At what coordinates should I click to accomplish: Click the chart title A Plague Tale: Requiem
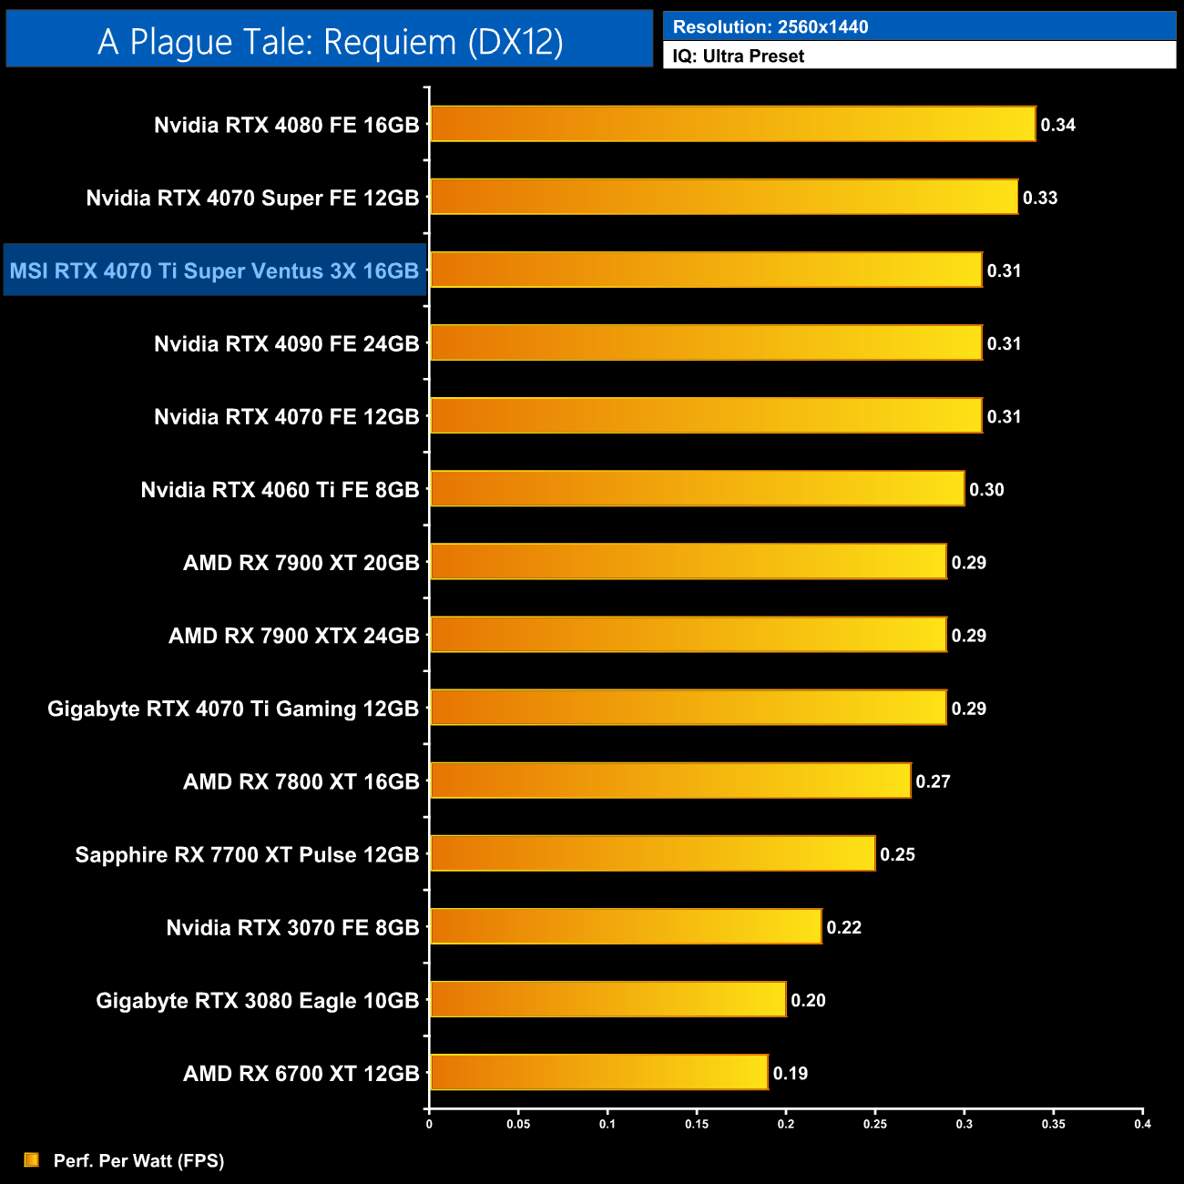click(330, 42)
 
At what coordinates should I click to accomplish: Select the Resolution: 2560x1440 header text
click(771, 27)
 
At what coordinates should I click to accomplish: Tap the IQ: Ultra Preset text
click(739, 56)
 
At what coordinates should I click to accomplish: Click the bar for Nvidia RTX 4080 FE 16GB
click(732, 125)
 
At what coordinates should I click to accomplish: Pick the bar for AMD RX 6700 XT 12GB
click(598, 1073)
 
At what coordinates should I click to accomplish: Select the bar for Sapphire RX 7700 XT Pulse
click(652, 854)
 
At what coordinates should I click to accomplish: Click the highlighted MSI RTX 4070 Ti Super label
click(214, 270)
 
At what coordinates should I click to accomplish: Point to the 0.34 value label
click(1058, 125)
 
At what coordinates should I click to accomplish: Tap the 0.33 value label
click(1040, 198)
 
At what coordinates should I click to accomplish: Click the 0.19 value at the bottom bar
click(791, 1073)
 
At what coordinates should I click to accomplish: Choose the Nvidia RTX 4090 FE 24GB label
click(286, 343)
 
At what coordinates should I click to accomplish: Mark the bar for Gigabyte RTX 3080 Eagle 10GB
click(607, 1000)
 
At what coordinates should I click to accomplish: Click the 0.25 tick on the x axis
click(875, 1124)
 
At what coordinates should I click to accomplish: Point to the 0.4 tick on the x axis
click(1142, 1124)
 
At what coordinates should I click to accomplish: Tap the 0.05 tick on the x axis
click(518, 1124)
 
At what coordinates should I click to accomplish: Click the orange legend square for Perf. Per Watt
click(32, 1159)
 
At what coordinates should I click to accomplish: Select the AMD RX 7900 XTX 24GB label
click(293, 636)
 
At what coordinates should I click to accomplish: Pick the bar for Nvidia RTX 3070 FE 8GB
click(626, 927)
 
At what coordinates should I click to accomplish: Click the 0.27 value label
click(934, 781)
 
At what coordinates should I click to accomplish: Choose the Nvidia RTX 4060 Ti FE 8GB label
click(280, 490)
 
